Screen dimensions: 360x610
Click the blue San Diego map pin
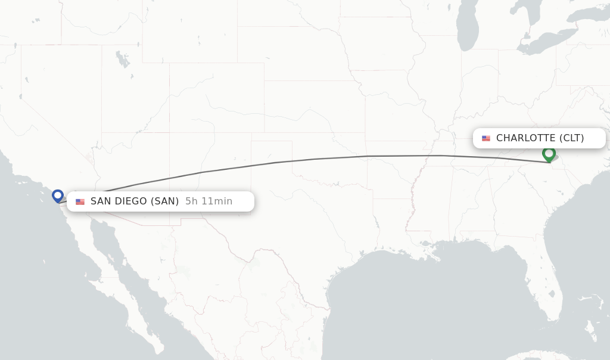pyautogui.click(x=58, y=195)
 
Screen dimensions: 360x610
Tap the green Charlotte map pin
pyautogui.click(x=549, y=154)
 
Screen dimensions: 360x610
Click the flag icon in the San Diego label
pyautogui.click(x=80, y=201)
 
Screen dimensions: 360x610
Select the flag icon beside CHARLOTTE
pyautogui.click(x=486, y=138)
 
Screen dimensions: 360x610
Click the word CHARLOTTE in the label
pyautogui.click(x=525, y=138)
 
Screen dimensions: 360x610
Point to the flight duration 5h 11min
pyautogui.click(x=208, y=201)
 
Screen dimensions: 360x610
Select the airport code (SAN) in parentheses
pyautogui.click(x=164, y=201)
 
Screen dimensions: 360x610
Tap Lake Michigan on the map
pyautogui.click(x=468, y=27)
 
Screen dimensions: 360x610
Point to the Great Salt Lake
pyautogui.click(x=123, y=60)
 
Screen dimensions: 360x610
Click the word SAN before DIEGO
pyautogui.click(x=101, y=201)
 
